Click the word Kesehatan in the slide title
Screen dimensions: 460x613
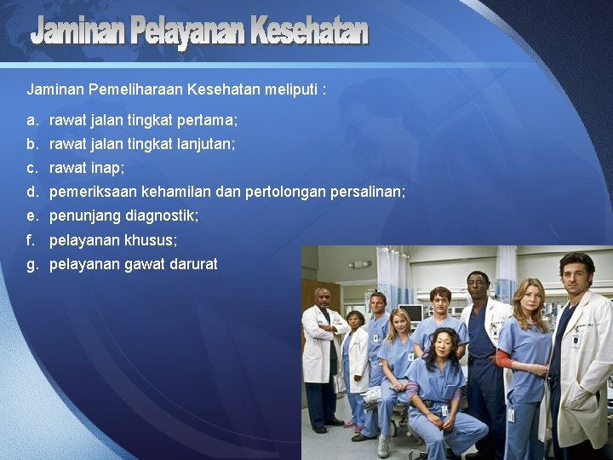pos(309,32)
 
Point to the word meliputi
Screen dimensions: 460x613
pos(289,89)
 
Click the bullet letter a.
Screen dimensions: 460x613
pos(32,121)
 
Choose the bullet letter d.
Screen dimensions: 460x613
pos(32,193)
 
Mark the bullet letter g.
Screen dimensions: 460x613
pos(32,264)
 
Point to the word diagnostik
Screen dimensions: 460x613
pos(162,216)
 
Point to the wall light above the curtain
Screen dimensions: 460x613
pos(360,264)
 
